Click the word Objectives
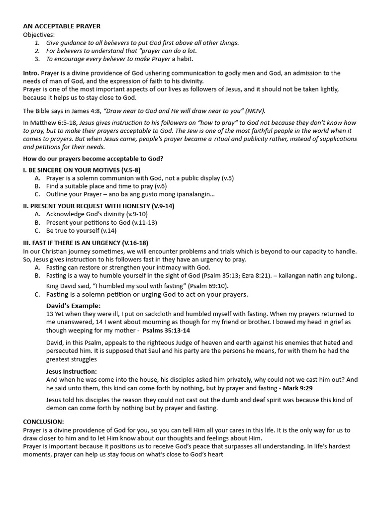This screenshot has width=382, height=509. click(39, 35)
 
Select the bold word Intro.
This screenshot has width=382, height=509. click(31, 73)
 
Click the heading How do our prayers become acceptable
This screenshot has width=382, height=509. click(93, 159)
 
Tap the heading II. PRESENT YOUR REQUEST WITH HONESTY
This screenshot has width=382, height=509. click(98, 206)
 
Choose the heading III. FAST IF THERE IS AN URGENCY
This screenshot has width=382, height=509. click(86, 243)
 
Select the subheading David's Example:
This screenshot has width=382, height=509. click(73, 306)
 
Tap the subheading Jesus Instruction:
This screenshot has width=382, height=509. click(71, 371)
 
